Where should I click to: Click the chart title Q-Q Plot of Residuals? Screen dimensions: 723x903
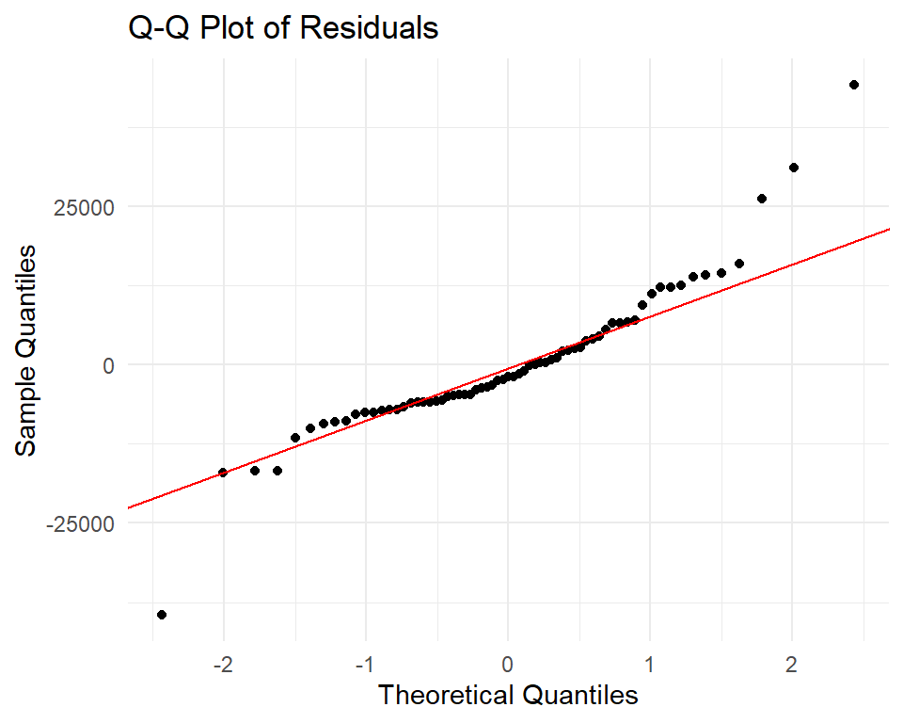pos(283,28)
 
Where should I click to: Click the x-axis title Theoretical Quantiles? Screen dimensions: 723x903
pos(508,696)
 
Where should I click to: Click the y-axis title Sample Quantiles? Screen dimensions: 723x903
pos(27,350)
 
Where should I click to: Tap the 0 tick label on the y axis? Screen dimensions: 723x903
pos(109,364)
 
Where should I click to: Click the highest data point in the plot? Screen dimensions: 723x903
pos(854,85)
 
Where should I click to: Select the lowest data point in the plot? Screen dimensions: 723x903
pos(162,615)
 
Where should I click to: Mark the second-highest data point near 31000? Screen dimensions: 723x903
pos(794,168)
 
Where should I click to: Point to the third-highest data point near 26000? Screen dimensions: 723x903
pos(762,199)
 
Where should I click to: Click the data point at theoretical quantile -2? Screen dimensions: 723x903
pos(223,473)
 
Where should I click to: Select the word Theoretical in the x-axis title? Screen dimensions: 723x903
pos(445,696)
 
